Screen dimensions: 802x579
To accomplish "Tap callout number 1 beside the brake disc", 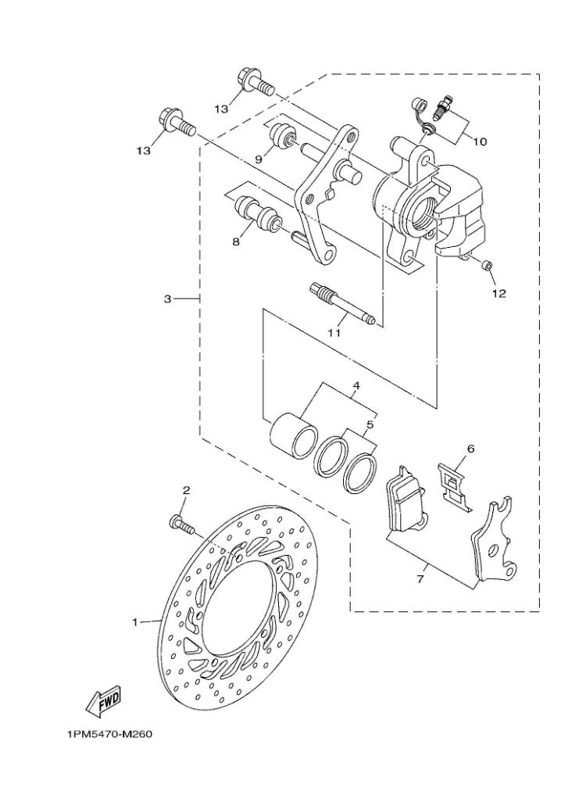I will pyautogui.click(x=135, y=622).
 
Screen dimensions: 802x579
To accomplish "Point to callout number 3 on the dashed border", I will pyautogui.click(x=167, y=299).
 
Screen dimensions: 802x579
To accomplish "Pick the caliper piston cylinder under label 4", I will pyautogui.click(x=295, y=434).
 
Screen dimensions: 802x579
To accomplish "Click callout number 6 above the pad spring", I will pyautogui.click(x=470, y=449).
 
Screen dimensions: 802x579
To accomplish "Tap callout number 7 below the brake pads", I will pyautogui.click(x=420, y=580).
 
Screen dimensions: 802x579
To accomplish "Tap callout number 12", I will pyautogui.click(x=499, y=294).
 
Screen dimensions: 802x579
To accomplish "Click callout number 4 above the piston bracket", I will pyautogui.click(x=356, y=386).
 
